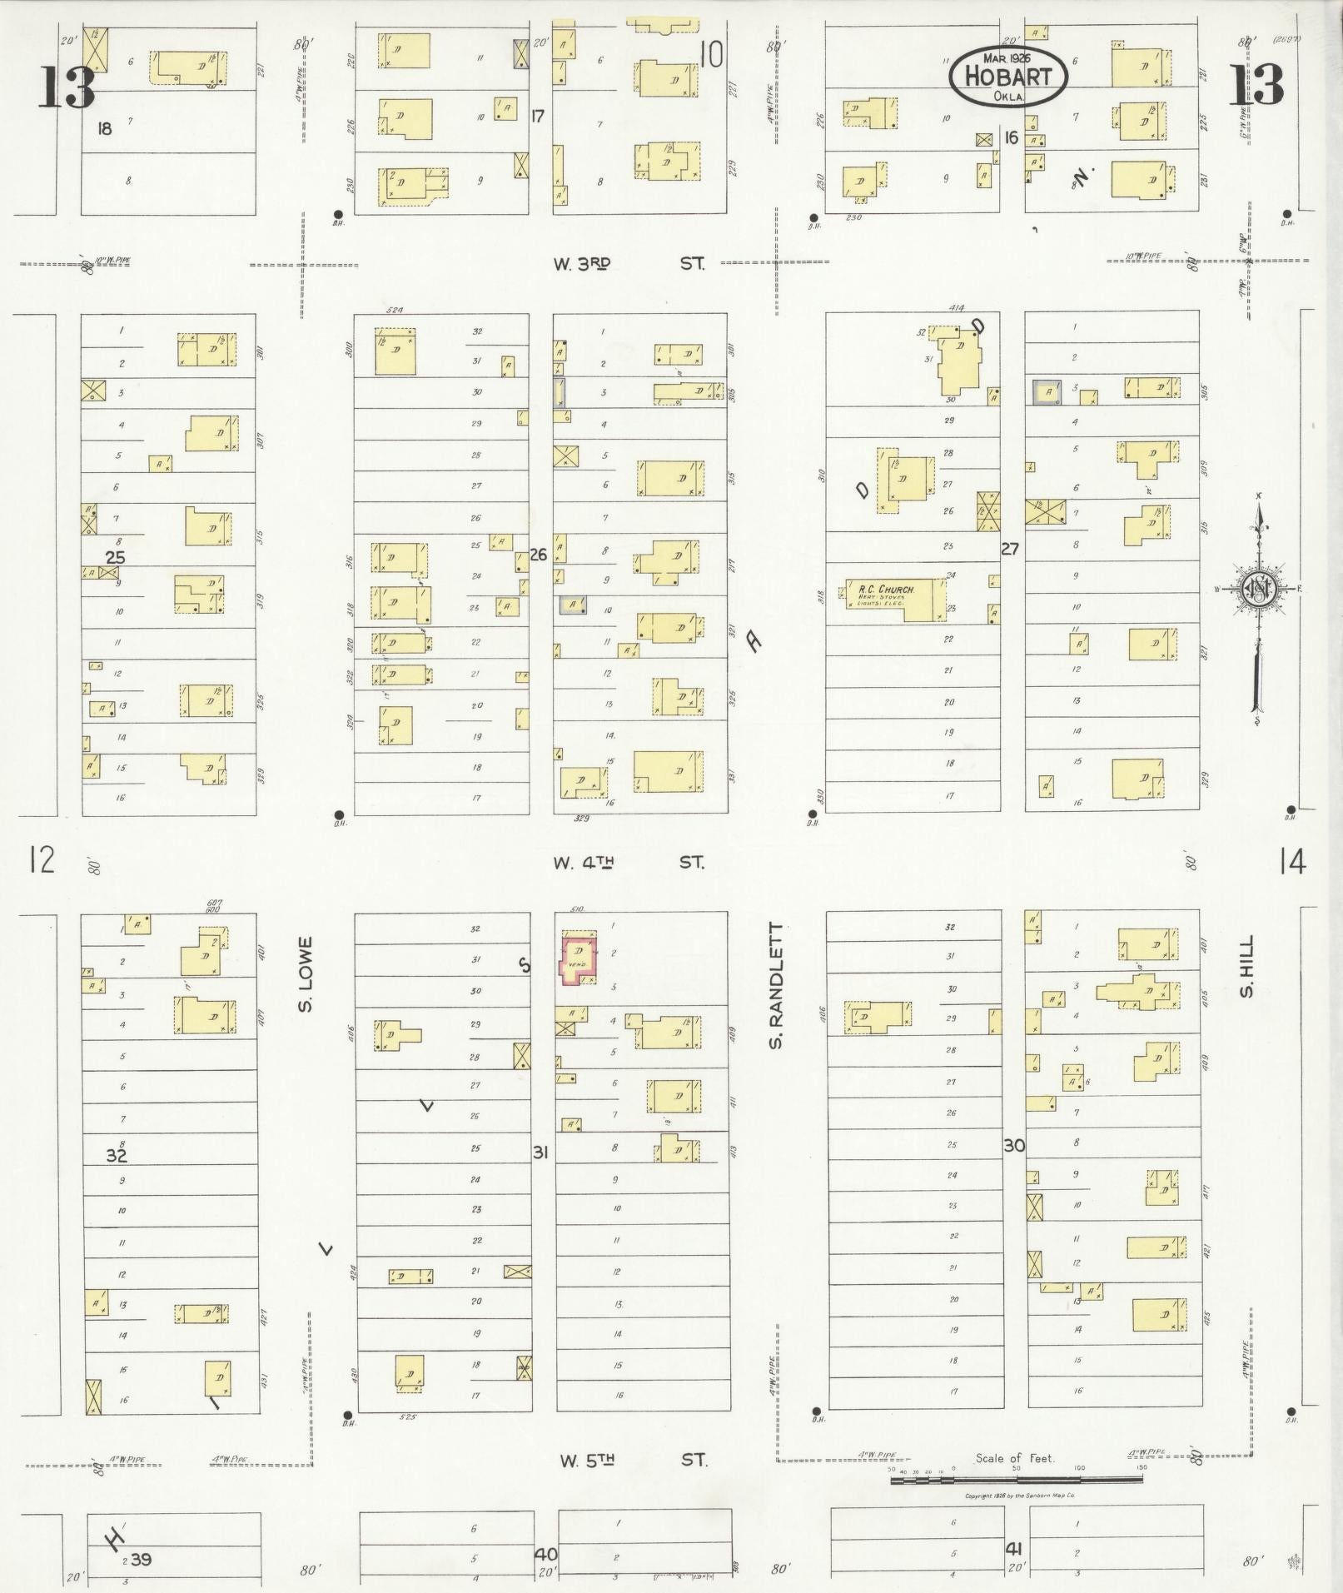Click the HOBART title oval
click(x=1008, y=76)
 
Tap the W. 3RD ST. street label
click(x=629, y=264)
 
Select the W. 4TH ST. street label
click(x=629, y=862)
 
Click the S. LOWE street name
click(x=306, y=975)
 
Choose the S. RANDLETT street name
click(x=776, y=985)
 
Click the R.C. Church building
click(x=896, y=600)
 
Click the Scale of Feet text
click(x=1015, y=1459)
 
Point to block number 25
click(x=115, y=557)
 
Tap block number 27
click(x=1010, y=549)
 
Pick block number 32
click(x=117, y=1155)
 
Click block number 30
click(x=1013, y=1145)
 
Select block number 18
click(x=104, y=128)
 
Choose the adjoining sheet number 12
click(x=42, y=859)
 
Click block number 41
click(x=1013, y=1548)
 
